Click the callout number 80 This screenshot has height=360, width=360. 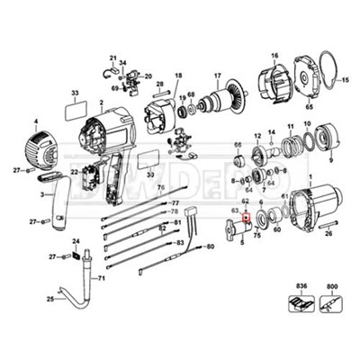[x=210, y=246]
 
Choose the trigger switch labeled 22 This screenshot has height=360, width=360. [x=91, y=177]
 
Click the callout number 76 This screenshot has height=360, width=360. [x=161, y=188]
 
